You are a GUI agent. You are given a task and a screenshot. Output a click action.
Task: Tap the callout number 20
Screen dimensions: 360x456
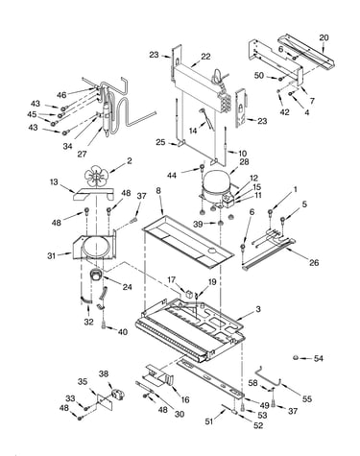point(324,37)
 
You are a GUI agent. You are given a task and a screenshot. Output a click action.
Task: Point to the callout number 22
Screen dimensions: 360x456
point(205,57)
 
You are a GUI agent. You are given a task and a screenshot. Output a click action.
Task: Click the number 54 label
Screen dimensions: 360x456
point(318,358)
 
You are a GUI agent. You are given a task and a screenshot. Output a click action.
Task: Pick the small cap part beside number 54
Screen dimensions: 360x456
point(296,358)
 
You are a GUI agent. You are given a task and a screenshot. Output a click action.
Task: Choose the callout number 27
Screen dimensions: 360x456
point(82,154)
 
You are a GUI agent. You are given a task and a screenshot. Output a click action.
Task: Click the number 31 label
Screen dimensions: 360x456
point(52,255)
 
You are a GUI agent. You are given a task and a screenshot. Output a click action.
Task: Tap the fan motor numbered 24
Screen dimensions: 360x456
point(95,276)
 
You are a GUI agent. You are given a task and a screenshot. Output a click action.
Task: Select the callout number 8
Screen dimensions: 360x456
point(158,191)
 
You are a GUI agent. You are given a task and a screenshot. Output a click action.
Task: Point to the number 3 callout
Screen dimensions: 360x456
point(258,309)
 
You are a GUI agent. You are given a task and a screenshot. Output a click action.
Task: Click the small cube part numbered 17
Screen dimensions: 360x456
point(190,293)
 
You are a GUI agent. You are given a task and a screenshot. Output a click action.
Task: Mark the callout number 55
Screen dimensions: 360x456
point(307,398)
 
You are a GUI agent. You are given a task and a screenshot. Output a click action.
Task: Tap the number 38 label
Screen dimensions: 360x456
point(104,373)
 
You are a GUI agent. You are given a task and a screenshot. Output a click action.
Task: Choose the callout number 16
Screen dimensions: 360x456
point(185,399)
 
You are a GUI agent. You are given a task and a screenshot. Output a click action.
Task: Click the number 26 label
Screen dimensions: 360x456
point(314,262)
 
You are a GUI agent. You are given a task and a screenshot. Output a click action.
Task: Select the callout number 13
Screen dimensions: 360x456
point(54,182)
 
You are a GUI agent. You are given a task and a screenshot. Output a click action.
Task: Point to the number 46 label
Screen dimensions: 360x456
point(61,95)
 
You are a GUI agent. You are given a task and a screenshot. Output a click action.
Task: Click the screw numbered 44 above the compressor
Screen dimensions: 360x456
point(202,167)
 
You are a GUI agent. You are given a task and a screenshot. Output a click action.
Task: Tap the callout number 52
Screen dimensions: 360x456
point(258,425)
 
